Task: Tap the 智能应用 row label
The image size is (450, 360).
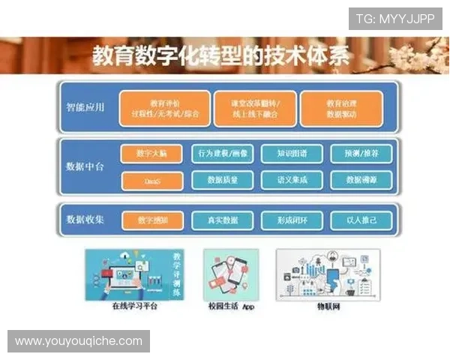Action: pos(85,107)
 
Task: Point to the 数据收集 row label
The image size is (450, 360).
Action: pos(85,220)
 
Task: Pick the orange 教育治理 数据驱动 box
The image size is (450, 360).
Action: pos(340,109)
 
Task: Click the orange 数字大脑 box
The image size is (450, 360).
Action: pos(152,154)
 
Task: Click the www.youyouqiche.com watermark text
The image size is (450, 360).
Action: pos(78,341)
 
